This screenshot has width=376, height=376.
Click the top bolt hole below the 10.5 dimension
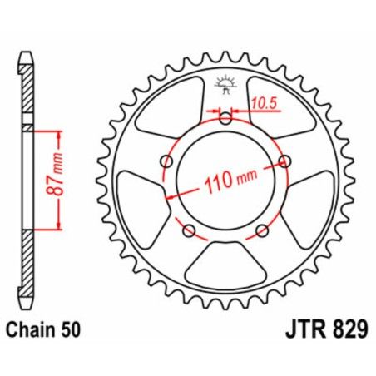pos(225,118)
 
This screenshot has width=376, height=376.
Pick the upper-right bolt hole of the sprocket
pos(284,160)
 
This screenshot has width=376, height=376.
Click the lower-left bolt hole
pos(189,230)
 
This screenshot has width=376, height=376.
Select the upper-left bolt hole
pos(166,160)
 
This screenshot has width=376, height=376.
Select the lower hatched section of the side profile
pos(28,266)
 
